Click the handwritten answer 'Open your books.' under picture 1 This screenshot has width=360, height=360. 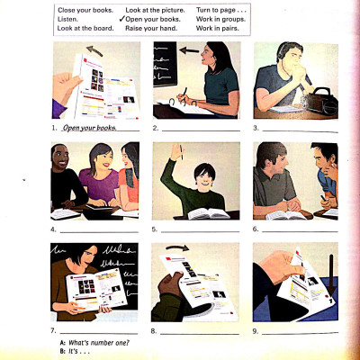[x=89, y=127]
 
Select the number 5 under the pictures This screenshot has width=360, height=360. [x=156, y=229]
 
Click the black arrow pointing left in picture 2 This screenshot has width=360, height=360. [x=185, y=51]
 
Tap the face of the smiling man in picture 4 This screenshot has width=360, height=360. [x=65, y=163]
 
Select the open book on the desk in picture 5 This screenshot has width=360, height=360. [x=209, y=213]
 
